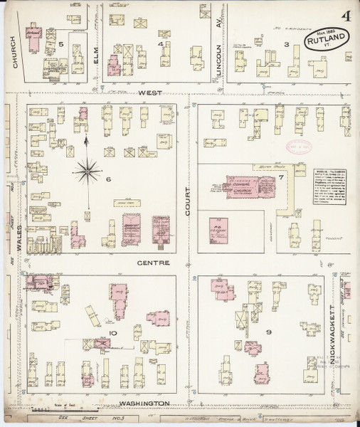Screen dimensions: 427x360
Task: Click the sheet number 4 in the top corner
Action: point(345,15)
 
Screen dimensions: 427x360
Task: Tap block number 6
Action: point(109,179)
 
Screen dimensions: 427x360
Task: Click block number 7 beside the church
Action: point(281,176)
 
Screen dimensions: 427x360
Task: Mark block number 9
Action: point(269,332)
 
